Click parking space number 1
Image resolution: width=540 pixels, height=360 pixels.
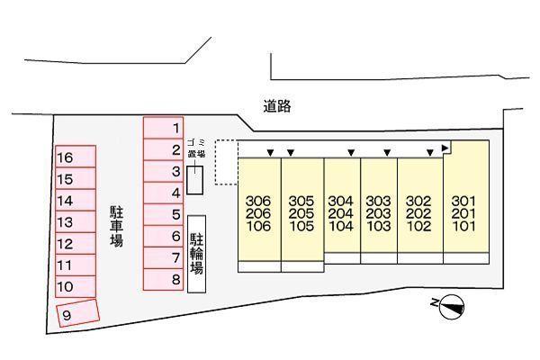pyautogui.click(x=164, y=128)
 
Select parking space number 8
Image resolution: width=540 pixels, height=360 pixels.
pyautogui.click(x=164, y=280)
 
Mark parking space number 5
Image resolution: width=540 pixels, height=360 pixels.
pyautogui.click(x=164, y=214)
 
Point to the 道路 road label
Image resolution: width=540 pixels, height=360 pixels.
pyautogui.click(x=278, y=106)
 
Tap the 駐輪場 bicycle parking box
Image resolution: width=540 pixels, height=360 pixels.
pyautogui.click(x=197, y=253)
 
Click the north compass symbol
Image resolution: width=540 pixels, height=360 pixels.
pyautogui.click(x=454, y=307)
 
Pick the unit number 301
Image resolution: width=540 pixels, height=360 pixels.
pyautogui.click(x=463, y=200)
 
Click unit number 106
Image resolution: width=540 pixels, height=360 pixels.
pyautogui.click(x=258, y=227)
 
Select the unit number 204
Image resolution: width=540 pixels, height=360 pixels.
pyautogui.click(x=341, y=213)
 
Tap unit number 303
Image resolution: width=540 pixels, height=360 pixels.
pyautogui.click(x=379, y=200)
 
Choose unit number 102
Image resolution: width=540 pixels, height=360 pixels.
pyautogui.click(x=419, y=227)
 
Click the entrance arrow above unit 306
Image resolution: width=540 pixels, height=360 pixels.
pyautogui.click(x=267, y=152)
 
